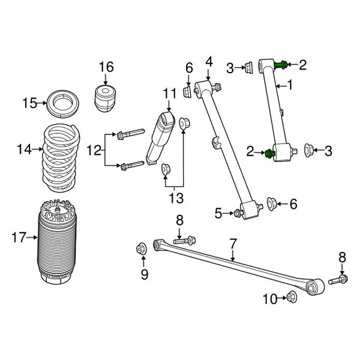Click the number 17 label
[17, 238]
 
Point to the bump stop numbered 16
[106, 97]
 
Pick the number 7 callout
[233, 244]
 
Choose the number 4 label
[209, 61]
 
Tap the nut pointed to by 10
[292, 296]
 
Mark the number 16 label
[106, 66]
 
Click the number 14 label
[25, 149]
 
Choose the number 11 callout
[169, 93]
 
